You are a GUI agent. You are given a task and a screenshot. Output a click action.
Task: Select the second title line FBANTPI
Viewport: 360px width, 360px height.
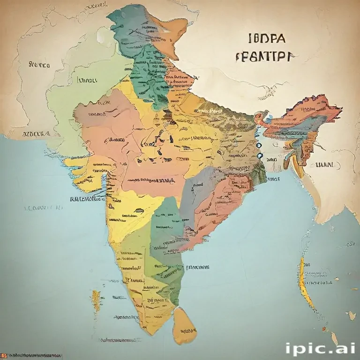pos(265,57)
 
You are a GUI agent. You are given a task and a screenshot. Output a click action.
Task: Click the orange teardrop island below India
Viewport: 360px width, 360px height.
pos(184,326)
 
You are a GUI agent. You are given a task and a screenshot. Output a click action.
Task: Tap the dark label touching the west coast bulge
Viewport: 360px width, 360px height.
pos(87,199)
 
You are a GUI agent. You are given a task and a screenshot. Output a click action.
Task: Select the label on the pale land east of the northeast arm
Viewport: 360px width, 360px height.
pos(325,165)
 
